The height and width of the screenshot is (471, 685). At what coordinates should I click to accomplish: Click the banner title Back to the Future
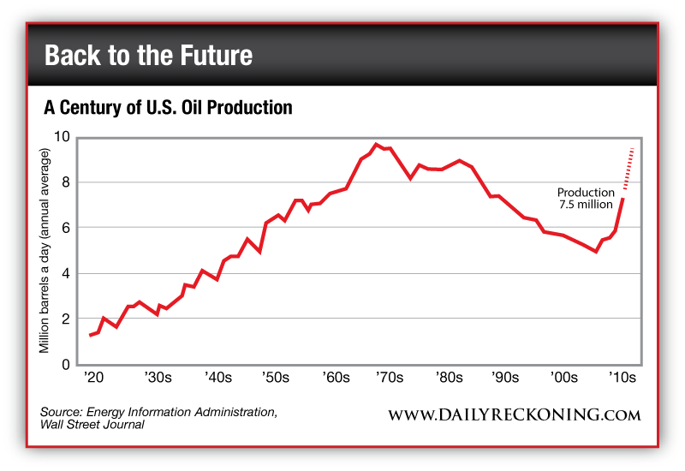(x=148, y=56)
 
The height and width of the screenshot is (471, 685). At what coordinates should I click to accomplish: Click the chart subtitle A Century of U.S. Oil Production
(x=169, y=108)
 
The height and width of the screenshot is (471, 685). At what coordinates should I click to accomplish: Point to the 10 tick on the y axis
(x=63, y=137)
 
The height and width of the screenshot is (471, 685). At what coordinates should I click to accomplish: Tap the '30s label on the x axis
(x=158, y=378)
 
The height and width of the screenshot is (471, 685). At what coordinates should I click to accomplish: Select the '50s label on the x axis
(x=275, y=378)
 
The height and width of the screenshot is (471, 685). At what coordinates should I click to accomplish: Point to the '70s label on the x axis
(x=391, y=378)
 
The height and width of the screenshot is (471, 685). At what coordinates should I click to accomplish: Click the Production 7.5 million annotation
(x=586, y=199)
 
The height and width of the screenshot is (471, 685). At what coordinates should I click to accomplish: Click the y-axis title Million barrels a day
(x=45, y=249)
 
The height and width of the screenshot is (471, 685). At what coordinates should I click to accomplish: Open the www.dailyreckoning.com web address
(x=515, y=415)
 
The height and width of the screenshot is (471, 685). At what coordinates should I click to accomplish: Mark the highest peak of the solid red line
(x=377, y=144)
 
